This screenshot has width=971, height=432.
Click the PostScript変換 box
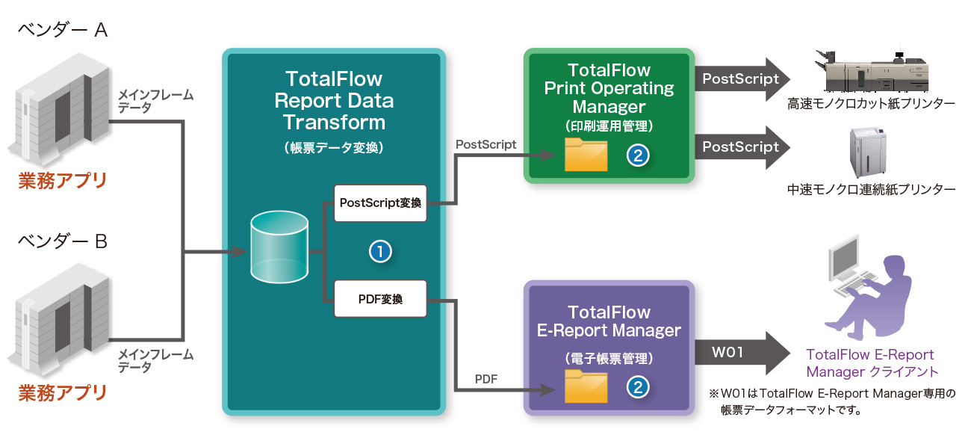[x=380, y=203]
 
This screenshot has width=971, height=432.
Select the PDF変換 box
[x=380, y=299]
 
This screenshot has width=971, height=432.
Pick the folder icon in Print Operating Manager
[x=586, y=155]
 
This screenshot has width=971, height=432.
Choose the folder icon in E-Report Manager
[x=586, y=386]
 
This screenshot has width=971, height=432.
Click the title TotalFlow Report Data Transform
[x=334, y=100]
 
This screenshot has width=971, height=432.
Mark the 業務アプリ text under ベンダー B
[x=63, y=392]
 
